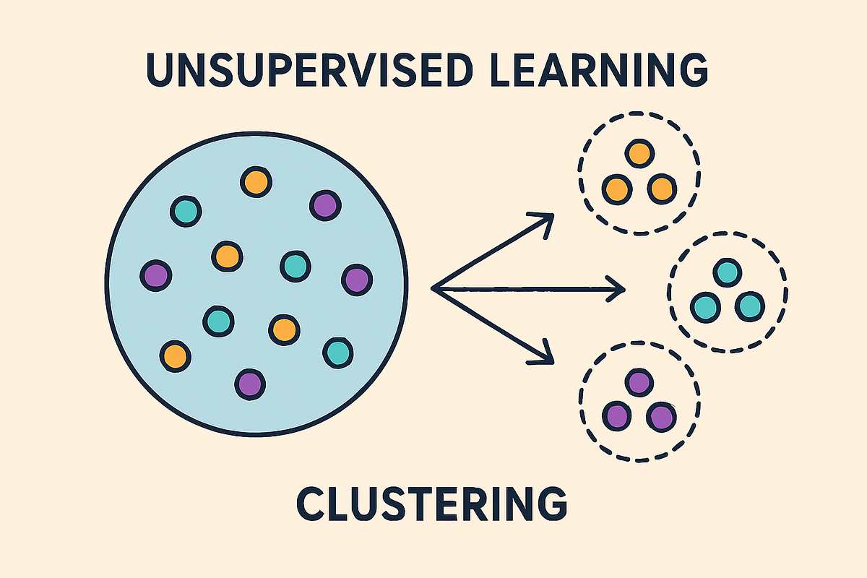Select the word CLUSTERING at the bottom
(432, 504)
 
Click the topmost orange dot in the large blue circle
(256, 181)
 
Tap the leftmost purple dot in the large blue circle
(155, 275)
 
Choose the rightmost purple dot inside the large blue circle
(356, 278)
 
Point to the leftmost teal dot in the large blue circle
(186, 210)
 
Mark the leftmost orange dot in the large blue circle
(175, 355)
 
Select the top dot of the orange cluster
(639, 153)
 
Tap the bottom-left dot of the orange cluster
(616, 189)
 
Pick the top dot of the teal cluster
(727, 272)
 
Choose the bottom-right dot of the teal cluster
(749, 306)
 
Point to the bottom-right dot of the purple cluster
(660, 416)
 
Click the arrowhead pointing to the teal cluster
(618, 290)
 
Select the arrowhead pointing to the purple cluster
(545, 357)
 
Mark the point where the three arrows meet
(434, 289)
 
